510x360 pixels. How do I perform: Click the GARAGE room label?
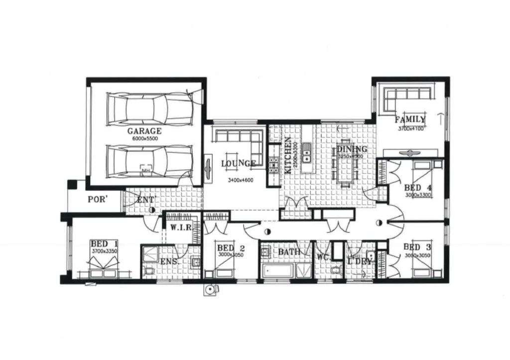click(x=144, y=131)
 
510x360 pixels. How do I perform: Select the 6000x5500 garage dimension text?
click(x=145, y=139)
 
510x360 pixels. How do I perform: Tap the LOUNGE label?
click(x=238, y=163)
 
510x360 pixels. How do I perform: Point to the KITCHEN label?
click(x=288, y=155)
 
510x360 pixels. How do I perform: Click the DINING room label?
click(x=352, y=149)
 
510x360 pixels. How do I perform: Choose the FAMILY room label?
click(x=410, y=120)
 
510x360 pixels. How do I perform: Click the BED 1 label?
click(x=104, y=243)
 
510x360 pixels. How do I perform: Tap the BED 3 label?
click(x=417, y=247)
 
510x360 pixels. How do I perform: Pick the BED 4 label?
click(x=418, y=188)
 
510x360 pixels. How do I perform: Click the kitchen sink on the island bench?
click(x=306, y=153)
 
